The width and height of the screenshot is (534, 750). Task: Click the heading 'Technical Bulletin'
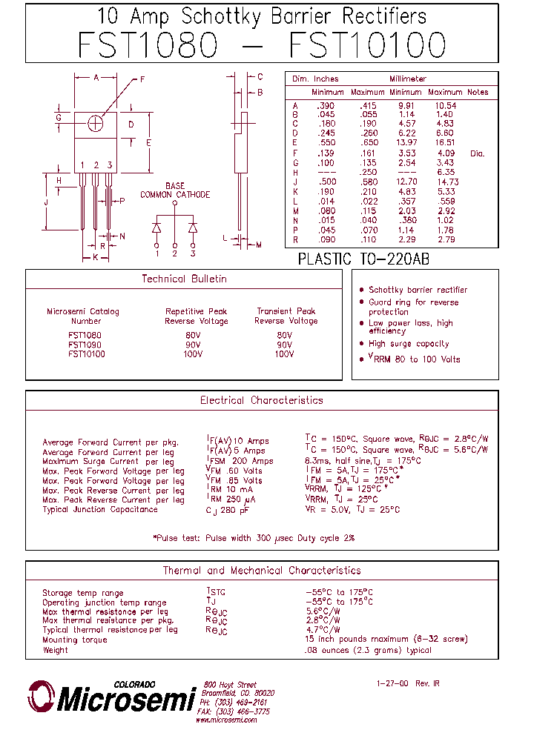(184, 279)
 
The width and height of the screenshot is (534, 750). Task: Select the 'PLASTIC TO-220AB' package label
(363, 259)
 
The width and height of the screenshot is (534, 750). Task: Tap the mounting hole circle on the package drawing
(96, 124)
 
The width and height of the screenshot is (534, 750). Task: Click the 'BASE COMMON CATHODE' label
(175, 190)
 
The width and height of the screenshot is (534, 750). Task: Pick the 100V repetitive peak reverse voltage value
(193, 354)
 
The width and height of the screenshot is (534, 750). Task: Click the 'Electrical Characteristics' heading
(261, 400)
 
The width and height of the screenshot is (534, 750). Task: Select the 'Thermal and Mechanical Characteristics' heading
(261, 571)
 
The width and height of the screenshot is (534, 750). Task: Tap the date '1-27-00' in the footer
(391, 683)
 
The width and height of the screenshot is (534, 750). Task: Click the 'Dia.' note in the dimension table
(477, 153)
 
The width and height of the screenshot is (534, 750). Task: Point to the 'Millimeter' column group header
(407, 79)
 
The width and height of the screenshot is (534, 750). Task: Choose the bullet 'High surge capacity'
(409, 344)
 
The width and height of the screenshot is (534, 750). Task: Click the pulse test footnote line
(254, 537)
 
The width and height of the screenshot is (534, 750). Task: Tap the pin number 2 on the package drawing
(96, 165)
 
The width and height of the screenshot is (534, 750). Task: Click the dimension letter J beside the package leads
(47, 202)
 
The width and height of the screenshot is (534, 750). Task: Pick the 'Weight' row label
(55, 650)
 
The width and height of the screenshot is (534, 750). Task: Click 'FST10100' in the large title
(367, 45)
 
